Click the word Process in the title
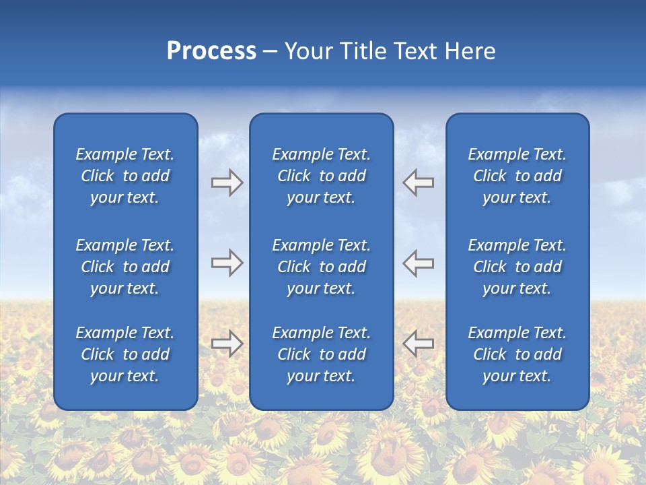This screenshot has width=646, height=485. pyautogui.click(x=211, y=51)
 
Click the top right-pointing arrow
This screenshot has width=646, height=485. pyautogui.click(x=227, y=183)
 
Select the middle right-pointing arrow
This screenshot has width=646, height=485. pyautogui.click(x=227, y=263)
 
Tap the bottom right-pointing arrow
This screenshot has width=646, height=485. pyautogui.click(x=227, y=344)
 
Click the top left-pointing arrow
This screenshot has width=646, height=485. pyautogui.click(x=419, y=183)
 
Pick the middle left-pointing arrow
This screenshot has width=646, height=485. pyautogui.click(x=419, y=263)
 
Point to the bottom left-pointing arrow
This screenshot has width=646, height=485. pyautogui.click(x=419, y=344)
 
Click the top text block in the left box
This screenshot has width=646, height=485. pyautogui.click(x=125, y=176)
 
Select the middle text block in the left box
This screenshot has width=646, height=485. pyautogui.click(x=125, y=267)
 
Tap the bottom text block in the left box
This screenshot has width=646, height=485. pyautogui.click(x=125, y=354)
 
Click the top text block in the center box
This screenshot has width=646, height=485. pyautogui.click(x=321, y=176)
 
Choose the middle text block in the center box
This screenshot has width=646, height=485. pyautogui.click(x=321, y=267)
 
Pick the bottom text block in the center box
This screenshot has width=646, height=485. pyautogui.click(x=321, y=354)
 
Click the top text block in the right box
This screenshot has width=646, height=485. pyautogui.click(x=517, y=176)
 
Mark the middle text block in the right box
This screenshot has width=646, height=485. pyautogui.click(x=517, y=267)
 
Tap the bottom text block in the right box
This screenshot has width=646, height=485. pyautogui.click(x=517, y=354)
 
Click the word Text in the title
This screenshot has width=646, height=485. pyautogui.click(x=415, y=51)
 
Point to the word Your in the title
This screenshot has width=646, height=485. pyautogui.click(x=308, y=51)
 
